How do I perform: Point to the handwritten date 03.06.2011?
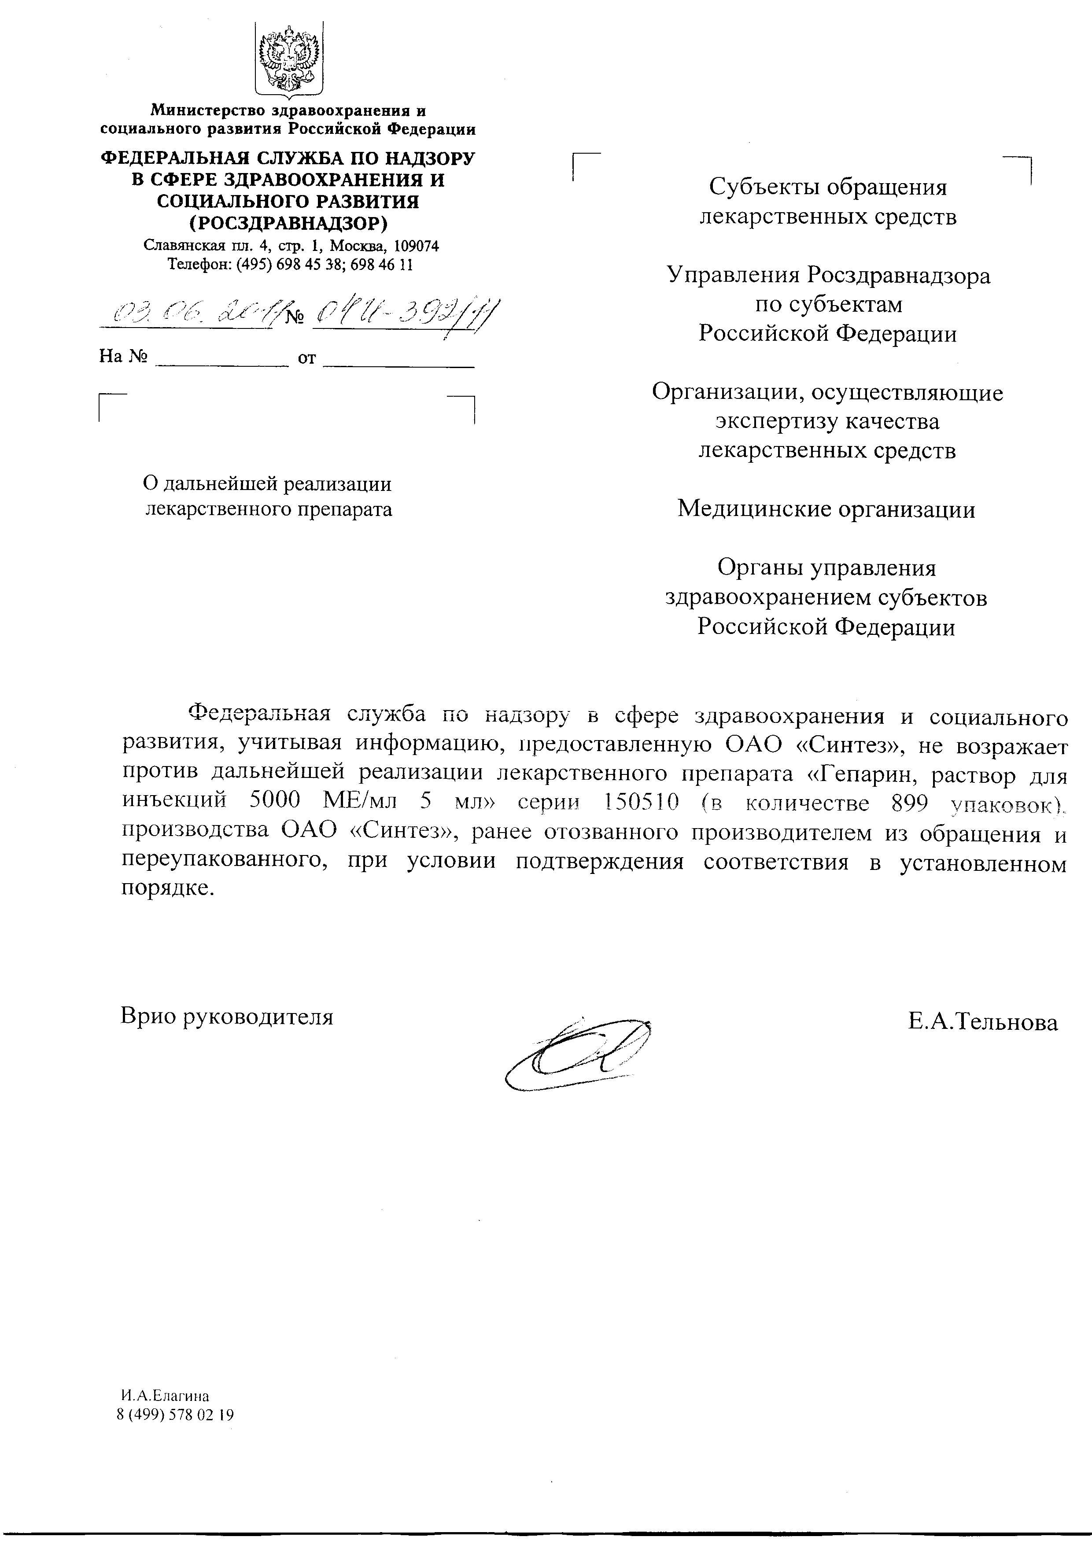[x=192, y=313]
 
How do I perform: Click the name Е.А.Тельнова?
[x=982, y=1022]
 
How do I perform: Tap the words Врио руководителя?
[x=227, y=1015]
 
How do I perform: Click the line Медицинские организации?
[x=826, y=509]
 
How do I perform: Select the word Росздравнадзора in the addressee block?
[x=898, y=275]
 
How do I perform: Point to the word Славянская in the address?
[x=174, y=246]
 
